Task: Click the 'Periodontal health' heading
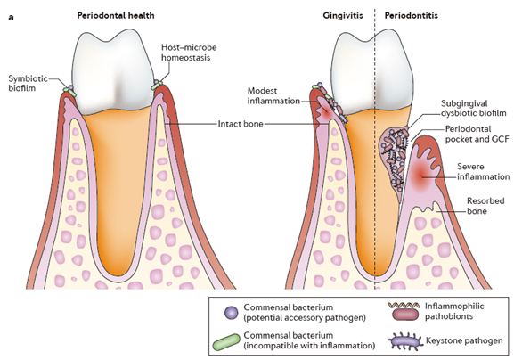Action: coord(116,15)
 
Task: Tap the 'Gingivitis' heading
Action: coord(343,15)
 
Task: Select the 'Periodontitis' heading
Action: coord(411,15)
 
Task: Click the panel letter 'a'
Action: coord(12,18)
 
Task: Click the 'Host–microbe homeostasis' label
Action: coord(189,53)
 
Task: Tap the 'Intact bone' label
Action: coord(241,124)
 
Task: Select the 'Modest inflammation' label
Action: coord(273,95)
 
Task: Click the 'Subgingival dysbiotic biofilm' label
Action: coord(473,108)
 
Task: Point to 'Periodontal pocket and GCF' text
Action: coord(477,134)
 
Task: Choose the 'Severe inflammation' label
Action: coord(484,171)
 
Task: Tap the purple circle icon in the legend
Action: coord(231,313)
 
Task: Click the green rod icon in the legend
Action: coord(226,342)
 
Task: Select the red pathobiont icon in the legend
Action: coord(405,314)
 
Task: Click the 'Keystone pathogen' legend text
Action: coord(464,340)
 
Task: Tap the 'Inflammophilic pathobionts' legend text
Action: coord(454,312)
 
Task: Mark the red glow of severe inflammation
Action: coord(420,176)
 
